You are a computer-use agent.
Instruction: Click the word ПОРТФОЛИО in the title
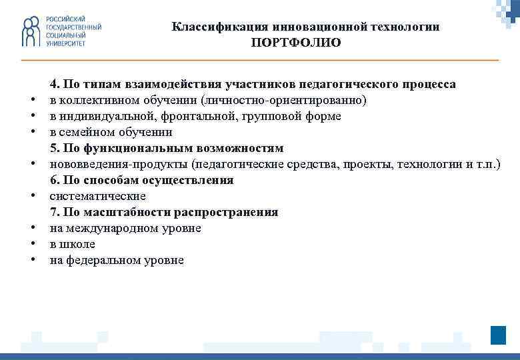(x=296, y=43)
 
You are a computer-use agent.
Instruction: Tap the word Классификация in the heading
(x=211, y=27)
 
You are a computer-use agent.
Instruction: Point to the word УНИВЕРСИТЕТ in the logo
(x=65, y=43)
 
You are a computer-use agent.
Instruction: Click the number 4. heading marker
(x=54, y=84)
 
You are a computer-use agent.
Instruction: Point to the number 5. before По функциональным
(x=54, y=148)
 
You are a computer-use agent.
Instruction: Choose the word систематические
(x=97, y=196)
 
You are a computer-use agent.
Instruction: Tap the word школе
(x=83, y=244)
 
